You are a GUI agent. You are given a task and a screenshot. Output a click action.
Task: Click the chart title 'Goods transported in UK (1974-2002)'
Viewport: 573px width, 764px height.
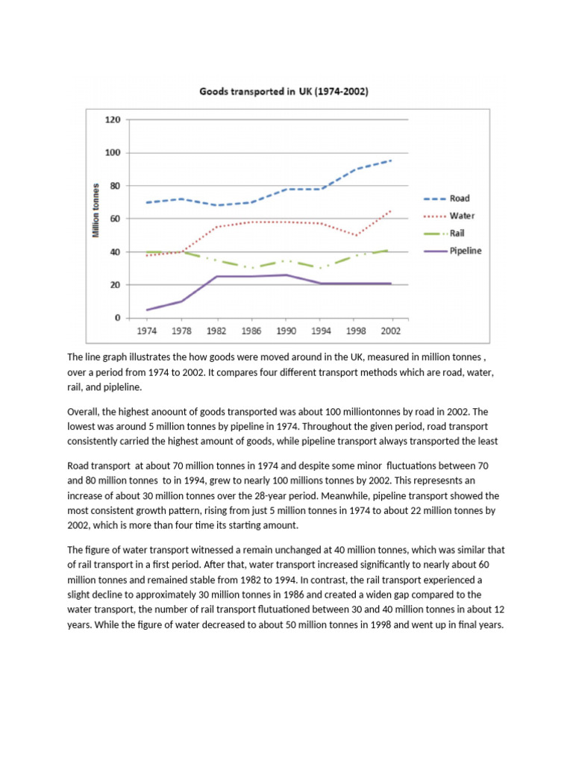click(284, 93)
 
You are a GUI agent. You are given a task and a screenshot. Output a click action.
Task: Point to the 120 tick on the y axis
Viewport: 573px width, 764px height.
click(113, 119)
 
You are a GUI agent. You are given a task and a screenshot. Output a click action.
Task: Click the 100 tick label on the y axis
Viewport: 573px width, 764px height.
click(113, 153)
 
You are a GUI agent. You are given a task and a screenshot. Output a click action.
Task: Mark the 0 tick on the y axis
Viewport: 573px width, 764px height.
click(117, 318)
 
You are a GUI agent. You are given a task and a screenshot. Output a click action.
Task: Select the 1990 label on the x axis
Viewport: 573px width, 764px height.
click(284, 330)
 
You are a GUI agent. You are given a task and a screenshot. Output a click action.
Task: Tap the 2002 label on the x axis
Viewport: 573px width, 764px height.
click(389, 330)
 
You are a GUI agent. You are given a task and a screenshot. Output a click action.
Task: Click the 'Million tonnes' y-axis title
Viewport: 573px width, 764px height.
click(96, 210)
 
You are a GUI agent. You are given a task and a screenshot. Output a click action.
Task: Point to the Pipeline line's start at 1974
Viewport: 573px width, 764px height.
click(147, 310)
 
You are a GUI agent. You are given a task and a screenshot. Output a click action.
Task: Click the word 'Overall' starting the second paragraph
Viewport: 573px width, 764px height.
click(84, 412)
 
